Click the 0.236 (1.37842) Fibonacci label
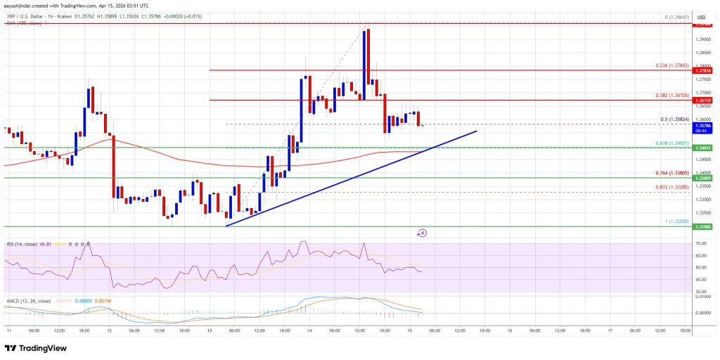click(671, 66)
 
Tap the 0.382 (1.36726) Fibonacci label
click(671, 95)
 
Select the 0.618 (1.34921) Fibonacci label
click(671, 143)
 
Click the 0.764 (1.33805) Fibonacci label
click(671, 173)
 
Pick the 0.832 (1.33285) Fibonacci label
click(671, 186)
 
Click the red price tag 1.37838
click(704, 71)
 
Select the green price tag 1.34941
click(704, 148)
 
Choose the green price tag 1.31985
click(704, 227)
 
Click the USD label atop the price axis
click(701, 17)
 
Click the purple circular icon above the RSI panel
click(422, 233)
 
